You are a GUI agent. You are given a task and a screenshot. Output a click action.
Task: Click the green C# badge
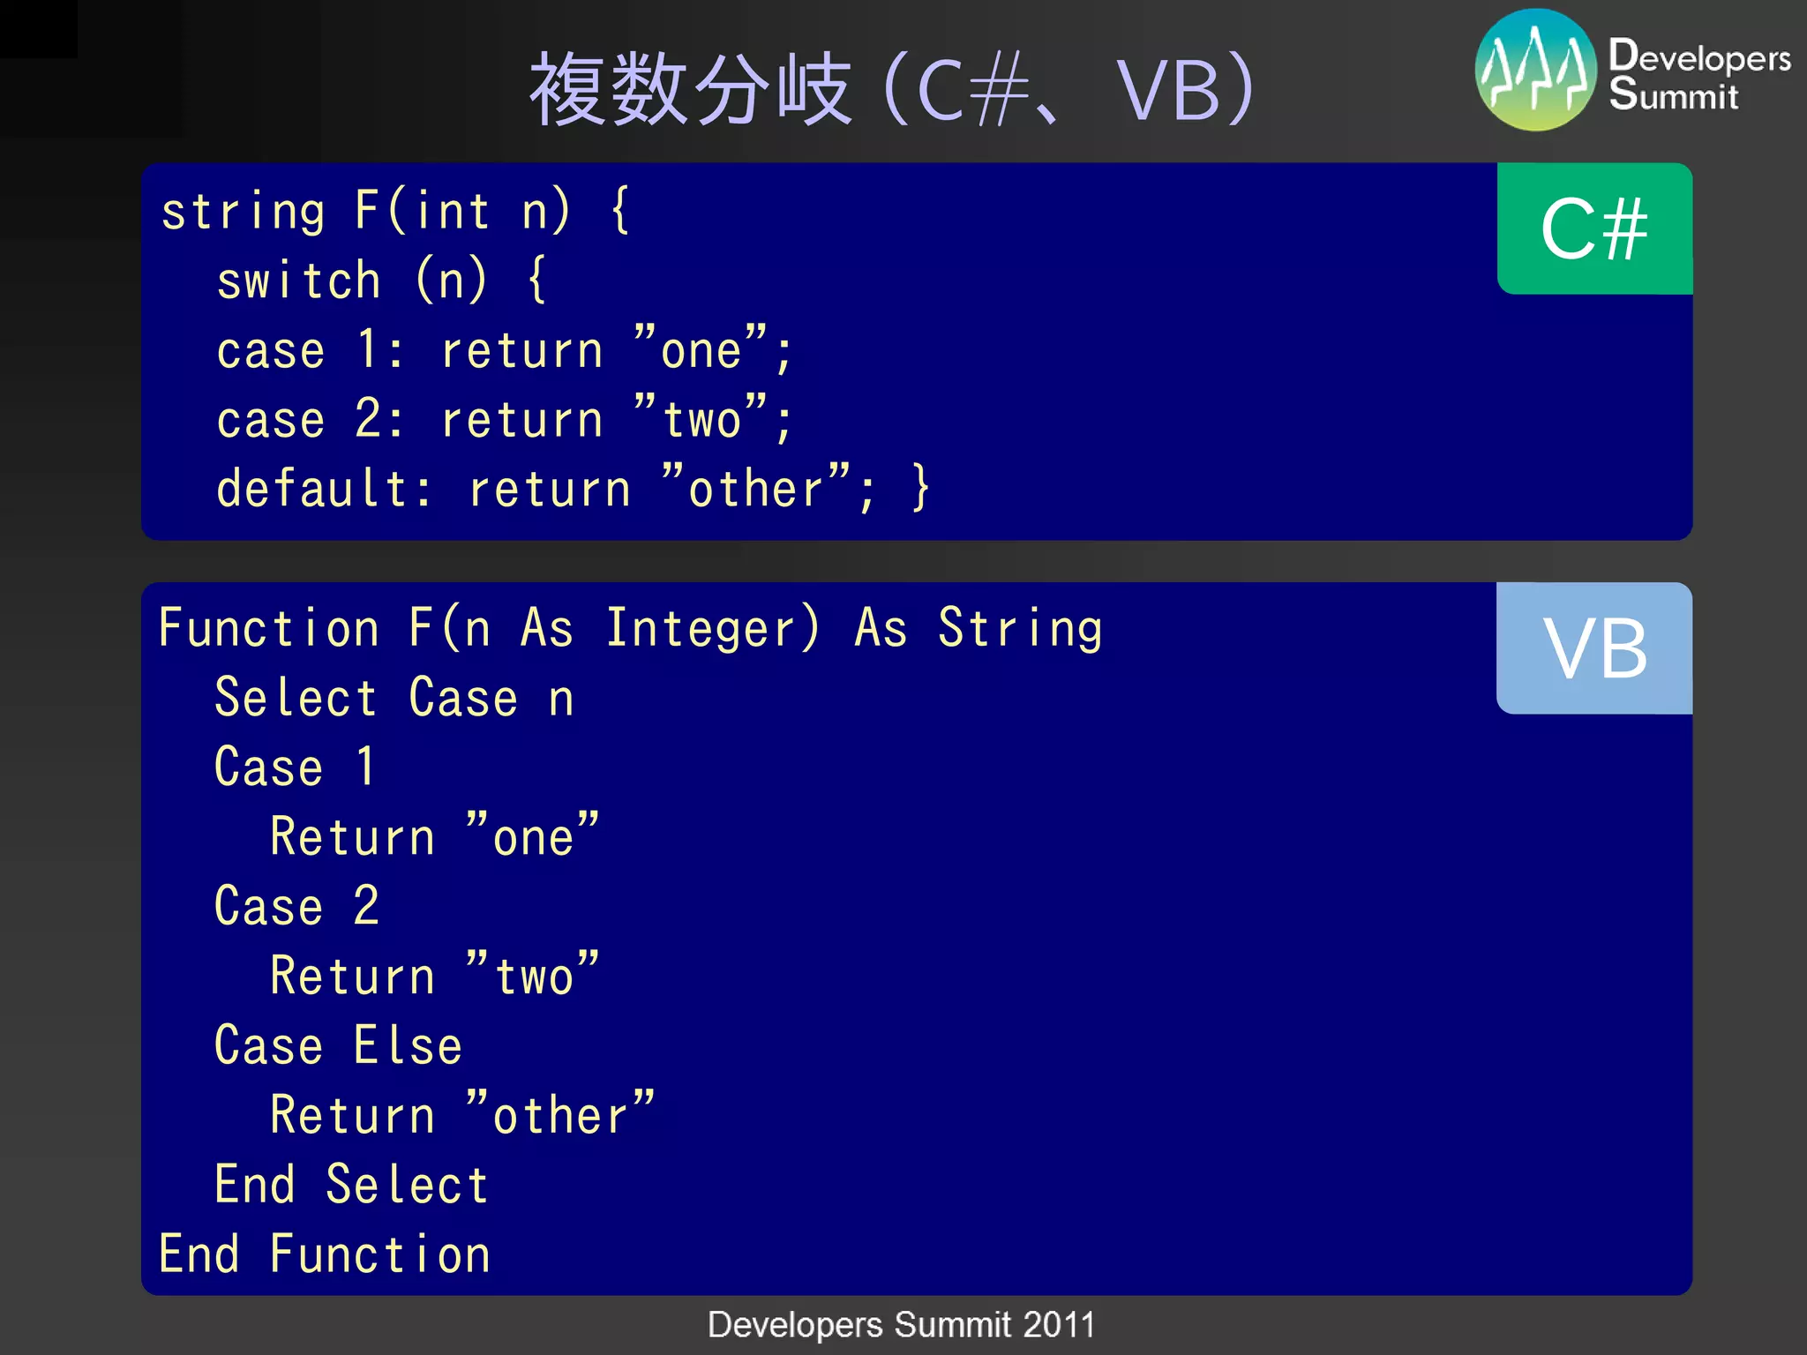click(1593, 228)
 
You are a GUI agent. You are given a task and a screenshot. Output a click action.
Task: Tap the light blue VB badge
click(1593, 648)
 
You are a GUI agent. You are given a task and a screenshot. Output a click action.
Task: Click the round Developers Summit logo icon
click(1535, 71)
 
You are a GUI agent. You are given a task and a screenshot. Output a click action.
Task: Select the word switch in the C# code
click(299, 281)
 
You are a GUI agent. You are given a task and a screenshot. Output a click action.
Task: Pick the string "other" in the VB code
click(560, 1114)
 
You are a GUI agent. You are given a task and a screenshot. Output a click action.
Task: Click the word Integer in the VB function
click(712, 629)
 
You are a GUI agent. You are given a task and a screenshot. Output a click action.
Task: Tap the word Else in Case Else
click(408, 1046)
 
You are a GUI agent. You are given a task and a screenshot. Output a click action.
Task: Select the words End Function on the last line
click(325, 1254)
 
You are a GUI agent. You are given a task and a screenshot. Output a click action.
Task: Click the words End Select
click(351, 1184)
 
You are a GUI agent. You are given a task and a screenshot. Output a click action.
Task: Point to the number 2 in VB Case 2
click(366, 906)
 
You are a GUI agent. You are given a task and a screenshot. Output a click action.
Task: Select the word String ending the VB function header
click(1020, 629)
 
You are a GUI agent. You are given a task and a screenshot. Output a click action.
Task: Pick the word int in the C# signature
click(453, 212)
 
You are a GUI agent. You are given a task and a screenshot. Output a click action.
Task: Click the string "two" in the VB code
click(533, 976)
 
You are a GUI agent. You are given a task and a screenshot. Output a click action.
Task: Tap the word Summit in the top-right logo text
click(1673, 95)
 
